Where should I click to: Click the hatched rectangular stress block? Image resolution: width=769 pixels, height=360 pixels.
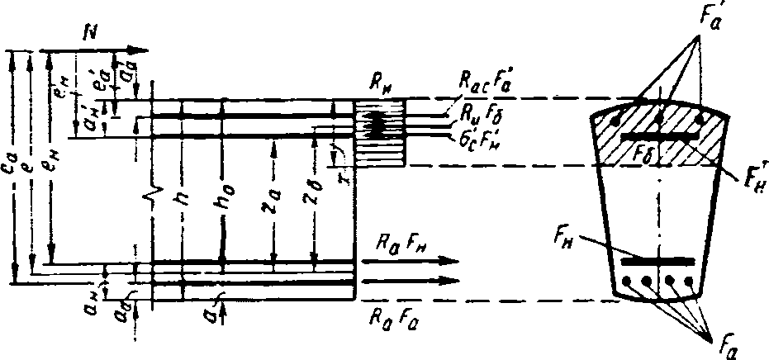tap(379, 133)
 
